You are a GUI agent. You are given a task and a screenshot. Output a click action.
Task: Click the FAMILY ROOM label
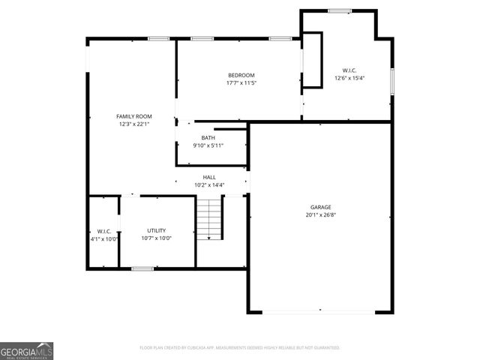[x=133, y=116]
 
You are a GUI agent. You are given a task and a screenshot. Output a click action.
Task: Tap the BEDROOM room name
[x=241, y=75]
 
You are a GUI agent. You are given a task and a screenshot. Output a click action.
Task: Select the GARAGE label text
[x=321, y=207]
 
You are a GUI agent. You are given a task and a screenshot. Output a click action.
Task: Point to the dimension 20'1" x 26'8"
[x=321, y=214]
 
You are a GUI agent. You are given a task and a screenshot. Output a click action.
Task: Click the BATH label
[x=208, y=137]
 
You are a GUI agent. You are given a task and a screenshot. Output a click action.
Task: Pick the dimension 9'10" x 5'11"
[x=208, y=145]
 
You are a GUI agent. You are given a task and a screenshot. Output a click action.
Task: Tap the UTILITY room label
[x=156, y=230]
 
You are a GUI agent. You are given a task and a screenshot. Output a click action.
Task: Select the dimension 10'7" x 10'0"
[x=156, y=238]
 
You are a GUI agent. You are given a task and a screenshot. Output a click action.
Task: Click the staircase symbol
[x=211, y=219]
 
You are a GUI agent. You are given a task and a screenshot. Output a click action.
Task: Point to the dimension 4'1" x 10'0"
[x=103, y=238]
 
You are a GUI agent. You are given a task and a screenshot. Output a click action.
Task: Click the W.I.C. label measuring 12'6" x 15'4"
[x=349, y=70]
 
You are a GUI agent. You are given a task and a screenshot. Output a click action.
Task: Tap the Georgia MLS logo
[x=26, y=350]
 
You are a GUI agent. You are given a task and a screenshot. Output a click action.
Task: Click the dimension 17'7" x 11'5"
[x=241, y=82]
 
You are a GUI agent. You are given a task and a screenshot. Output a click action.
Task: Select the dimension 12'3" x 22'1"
[x=133, y=124]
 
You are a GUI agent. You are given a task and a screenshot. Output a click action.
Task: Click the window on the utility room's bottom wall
[x=142, y=268]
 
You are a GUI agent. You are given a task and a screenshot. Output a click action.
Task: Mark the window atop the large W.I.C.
[x=340, y=10]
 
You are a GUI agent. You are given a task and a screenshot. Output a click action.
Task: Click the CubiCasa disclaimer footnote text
[x=240, y=347]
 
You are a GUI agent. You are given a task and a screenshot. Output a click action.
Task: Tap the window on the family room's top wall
[x=157, y=38]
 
